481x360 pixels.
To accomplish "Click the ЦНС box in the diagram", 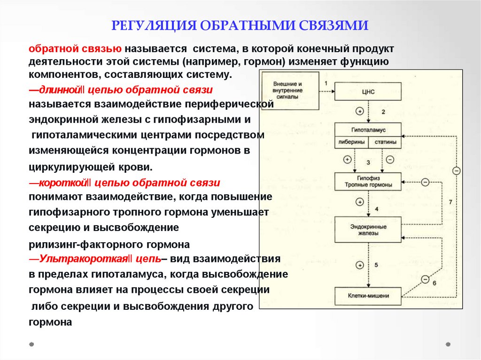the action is click(368, 92).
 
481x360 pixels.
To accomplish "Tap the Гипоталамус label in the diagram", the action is click(368, 130).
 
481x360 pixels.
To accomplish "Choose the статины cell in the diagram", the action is click(385, 142).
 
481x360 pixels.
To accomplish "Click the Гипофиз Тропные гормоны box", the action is click(368, 182).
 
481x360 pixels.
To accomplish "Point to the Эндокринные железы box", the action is click(368, 230).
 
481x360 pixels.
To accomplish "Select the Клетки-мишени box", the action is click(368, 296).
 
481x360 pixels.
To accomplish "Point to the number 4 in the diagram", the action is click(376, 208).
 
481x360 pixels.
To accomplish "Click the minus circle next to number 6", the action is click(425, 280).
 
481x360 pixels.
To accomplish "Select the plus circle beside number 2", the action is click(360, 112).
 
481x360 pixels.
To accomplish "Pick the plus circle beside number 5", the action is click(360, 265).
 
